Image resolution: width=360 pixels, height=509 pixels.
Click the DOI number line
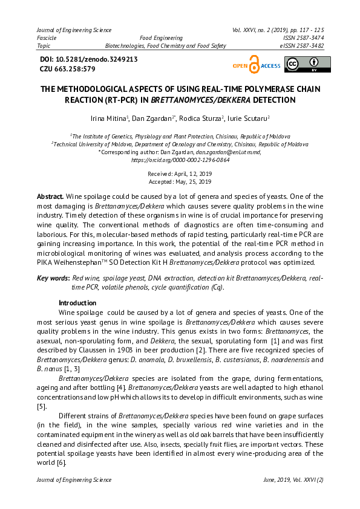tap(88, 59)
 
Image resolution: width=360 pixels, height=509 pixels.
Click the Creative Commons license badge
tap(308, 64)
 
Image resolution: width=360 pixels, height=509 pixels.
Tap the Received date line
tap(180, 173)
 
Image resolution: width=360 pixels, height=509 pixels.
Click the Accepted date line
tap(180, 181)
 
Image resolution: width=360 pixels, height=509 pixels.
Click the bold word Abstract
tap(50, 197)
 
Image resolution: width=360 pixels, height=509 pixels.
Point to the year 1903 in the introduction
tap(143, 351)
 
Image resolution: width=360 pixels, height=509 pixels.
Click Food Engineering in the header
tap(161, 37)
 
